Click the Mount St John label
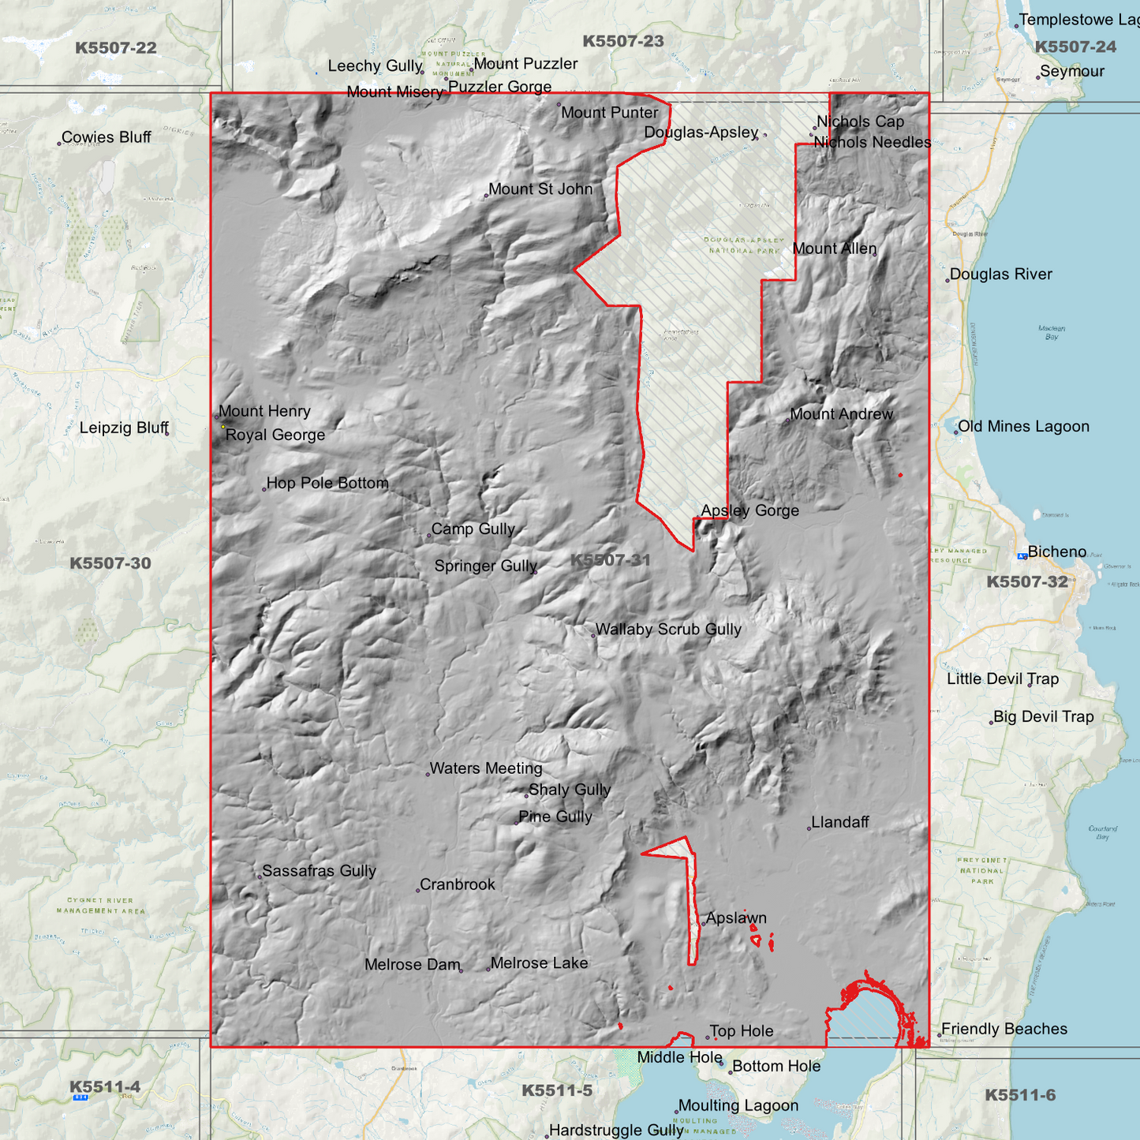pyautogui.click(x=540, y=189)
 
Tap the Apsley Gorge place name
pyautogui.click(x=749, y=510)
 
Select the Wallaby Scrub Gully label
pyautogui.click(x=668, y=630)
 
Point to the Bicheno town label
pyautogui.click(x=1056, y=552)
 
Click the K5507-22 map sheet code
pyautogui.click(x=116, y=48)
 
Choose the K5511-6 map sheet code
pyautogui.click(x=1019, y=1095)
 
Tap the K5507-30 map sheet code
pyautogui.click(x=110, y=563)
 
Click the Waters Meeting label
pyautogui.click(x=486, y=768)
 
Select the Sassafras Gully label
pyautogui.click(x=319, y=871)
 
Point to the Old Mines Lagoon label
pyautogui.click(x=1023, y=427)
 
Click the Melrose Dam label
pyautogui.click(x=412, y=965)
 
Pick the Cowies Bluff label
pyautogui.click(x=107, y=137)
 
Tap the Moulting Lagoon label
pyautogui.click(x=738, y=1106)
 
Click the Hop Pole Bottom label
pyautogui.click(x=327, y=483)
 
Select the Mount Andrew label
pyautogui.click(x=841, y=414)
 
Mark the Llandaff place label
pyautogui.click(x=840, y=822)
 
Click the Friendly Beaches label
pyautogui.click(x=1004, y=1029)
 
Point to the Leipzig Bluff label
pyautogui.click(x=124, y=428)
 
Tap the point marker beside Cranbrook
pyautogui.click(x=417, y=891)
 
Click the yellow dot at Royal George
pyautogui.click(x=223, y=427)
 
